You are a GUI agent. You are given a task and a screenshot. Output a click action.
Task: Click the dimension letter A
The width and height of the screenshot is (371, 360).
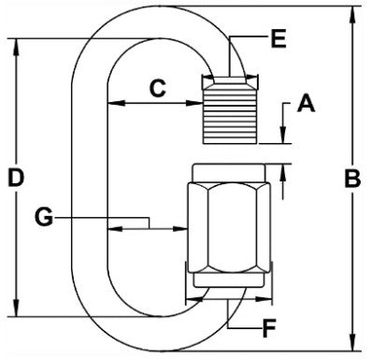[305, 106]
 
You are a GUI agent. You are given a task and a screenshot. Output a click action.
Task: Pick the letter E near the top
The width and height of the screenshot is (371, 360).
[277, 39]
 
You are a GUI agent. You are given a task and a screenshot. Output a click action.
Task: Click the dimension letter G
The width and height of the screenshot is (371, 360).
[42, 219]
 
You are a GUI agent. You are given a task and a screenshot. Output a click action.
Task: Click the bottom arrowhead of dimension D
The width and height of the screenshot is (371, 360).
[17, 314]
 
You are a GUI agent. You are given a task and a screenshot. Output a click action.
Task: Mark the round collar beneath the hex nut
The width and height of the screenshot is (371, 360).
[227, 281]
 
